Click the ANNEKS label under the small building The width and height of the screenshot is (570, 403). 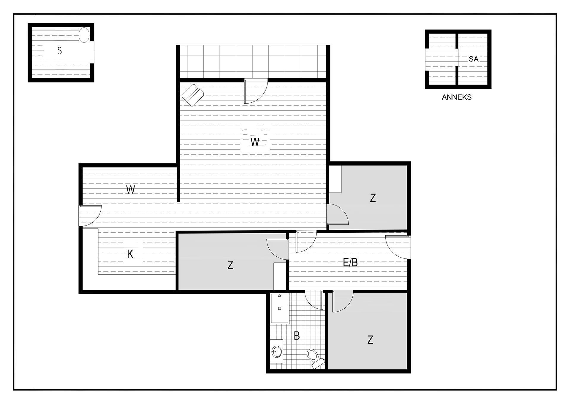(457, 97)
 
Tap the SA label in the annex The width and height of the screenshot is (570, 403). (474, 59)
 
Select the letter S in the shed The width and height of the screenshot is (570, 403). (60, 51)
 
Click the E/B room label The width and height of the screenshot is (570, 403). (350, 262)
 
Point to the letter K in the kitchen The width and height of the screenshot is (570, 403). (130, 254)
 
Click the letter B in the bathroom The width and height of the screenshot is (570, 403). (297, 336)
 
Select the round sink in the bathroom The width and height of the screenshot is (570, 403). (276, 352)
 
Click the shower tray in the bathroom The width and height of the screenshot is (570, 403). (280, 308)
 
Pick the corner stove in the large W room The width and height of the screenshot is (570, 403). (193, 95)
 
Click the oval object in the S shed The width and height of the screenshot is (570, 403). (84, 35)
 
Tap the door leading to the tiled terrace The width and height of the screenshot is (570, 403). (256, 91)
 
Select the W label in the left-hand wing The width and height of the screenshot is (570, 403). (131, 190)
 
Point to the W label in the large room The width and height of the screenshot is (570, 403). (255, 142)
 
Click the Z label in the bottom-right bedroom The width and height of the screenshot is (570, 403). (370, 339)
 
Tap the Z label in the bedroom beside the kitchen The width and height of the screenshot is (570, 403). (230, 265)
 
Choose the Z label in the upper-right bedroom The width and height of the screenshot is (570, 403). (373, 198)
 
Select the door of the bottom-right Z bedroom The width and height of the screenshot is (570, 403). (343, 302)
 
